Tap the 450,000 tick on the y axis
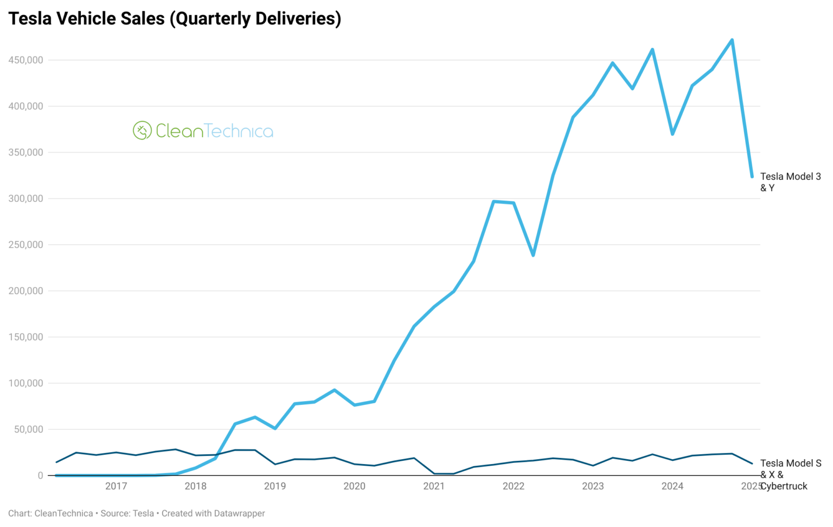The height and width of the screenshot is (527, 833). [x=25, y=60]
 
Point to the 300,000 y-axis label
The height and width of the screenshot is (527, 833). [x=25, y=199]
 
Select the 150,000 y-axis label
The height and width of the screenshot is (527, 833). [x=25, y=337]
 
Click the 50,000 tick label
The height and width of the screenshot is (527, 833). [x=28, y=429]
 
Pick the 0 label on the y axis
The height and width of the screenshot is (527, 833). [x=40, y=475]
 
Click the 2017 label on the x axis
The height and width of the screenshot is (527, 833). [x=116, y=486]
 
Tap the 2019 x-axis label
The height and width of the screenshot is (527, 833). [x=275, y=486]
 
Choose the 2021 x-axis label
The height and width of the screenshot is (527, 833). [x=434, y=486]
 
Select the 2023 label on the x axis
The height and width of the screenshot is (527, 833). [x=593, y=486]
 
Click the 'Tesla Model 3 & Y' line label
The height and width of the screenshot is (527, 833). [x=790, y=182]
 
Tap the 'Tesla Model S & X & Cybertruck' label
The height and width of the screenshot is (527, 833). [x=790, y=474]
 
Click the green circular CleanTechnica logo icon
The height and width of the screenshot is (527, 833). [x=142, y=131]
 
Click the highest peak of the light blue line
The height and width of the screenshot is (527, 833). [x=732, y=40]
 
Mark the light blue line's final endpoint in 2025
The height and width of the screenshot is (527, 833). [x=752, y=176]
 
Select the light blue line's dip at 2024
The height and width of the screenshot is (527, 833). [x=672, y=134]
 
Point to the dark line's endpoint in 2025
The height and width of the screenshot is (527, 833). [x=752, y=463]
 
